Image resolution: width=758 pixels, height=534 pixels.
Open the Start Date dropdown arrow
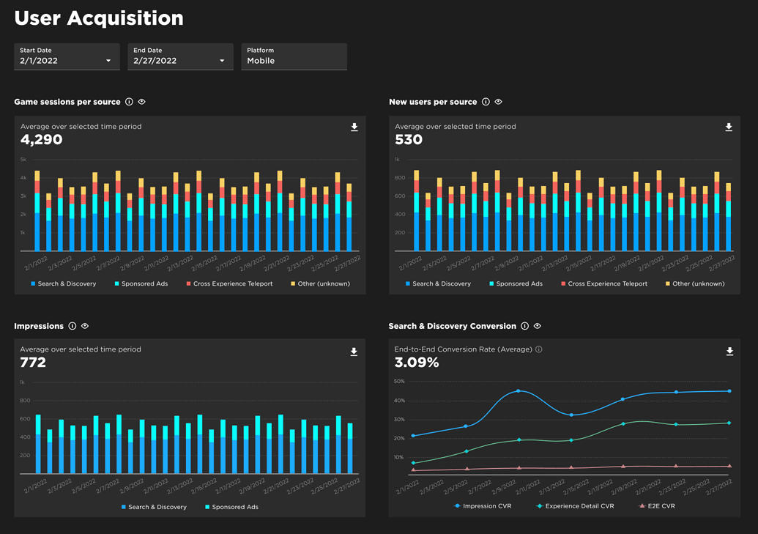pyautogui.click(x=108, y=61)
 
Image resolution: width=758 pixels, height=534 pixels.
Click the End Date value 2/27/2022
pyautogui.click(x=156, y=61)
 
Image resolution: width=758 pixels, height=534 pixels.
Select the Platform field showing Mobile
pyautogui.click(x=294, y=56)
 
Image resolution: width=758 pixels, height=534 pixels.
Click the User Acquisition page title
pyautogui.click(x=99, y=18)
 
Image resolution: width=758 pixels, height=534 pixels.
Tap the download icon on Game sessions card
pyautogui.click(x=354, y=127)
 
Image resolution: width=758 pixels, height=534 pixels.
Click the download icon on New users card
pyautogui.click(x=729, y=127)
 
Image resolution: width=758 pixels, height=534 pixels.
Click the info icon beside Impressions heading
pyautogui.click(x=73, y=326)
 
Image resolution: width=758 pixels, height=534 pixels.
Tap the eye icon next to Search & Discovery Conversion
pyautogui.click(x=538, y=326)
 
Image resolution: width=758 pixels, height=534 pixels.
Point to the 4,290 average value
pyautogui.click(x=42, y=140)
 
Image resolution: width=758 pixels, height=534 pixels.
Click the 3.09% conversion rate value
pyautogui.click(x=416, y=363)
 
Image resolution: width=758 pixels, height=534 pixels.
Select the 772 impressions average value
pyautogui.click(x=33, y=363)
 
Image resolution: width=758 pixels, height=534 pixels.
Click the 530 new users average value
pyautogui.click(x=408, y=140)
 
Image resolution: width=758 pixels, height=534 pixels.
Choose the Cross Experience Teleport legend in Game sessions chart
pyautogui.click(x=229, y=283)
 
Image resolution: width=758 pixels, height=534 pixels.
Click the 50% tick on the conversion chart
pyautogui.click(x=399, y=382)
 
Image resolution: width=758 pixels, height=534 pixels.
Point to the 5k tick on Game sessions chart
pyautogui.click(x=23, y=160)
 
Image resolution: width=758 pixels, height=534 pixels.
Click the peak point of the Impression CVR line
pyautogui.click(x=519, y=391)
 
